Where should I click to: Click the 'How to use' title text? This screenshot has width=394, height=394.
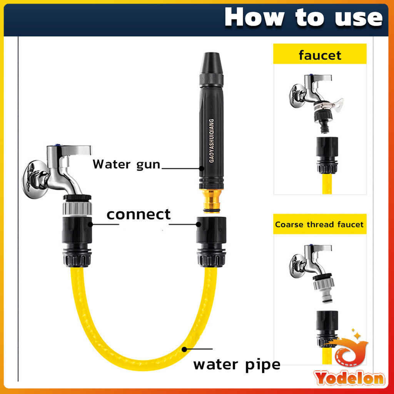303,18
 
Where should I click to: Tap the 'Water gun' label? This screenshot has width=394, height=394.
126,164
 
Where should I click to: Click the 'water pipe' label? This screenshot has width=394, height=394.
237,364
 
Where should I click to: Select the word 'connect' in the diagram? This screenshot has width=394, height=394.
139,214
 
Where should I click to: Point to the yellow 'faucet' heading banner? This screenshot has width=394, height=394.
320,55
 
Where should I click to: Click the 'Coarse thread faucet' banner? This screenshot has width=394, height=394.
319,224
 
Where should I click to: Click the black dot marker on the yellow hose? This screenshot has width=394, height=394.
184,349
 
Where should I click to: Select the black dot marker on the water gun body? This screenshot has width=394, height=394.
201,168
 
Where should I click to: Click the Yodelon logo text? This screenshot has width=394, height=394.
349,377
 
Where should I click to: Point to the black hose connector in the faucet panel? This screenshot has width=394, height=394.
327,154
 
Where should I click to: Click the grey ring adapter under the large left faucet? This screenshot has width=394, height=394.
77,208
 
